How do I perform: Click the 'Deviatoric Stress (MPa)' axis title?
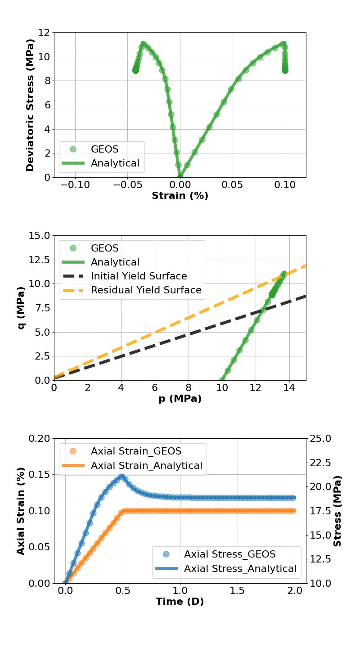(x=30, y=105)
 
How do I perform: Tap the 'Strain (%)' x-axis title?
(x=180, y=196)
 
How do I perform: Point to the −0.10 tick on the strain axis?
(x=75, y=185)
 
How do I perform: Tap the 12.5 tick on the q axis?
(x=37, y=260)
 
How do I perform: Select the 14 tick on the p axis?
(x=289, y=388)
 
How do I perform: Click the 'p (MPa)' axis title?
(x=180, y=399)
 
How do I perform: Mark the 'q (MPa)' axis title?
(x=21, y=308)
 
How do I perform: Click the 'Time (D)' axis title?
(x=180, y=602)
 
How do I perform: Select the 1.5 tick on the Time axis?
(x=237, y=591)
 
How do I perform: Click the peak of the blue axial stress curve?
(x=121, y=477)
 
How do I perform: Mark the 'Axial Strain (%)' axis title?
(x=21, y=511)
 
